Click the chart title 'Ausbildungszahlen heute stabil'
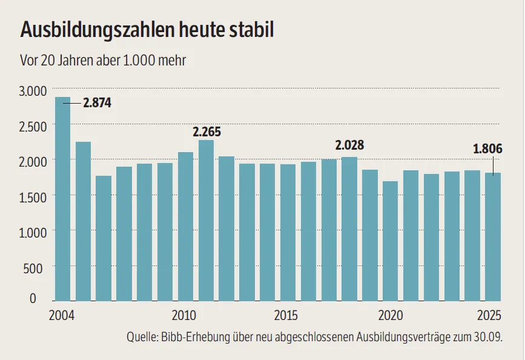point(147,30)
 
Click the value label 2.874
point(97,102)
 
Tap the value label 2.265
point(207,132)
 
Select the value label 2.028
point(351,145)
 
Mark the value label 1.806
point(487,149)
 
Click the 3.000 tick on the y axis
point(34,91)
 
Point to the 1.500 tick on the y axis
point(34,196)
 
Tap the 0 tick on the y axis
point(42,298)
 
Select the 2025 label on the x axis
point(489,315)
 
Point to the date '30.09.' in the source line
point(490,337)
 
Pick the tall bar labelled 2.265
point(206,221)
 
